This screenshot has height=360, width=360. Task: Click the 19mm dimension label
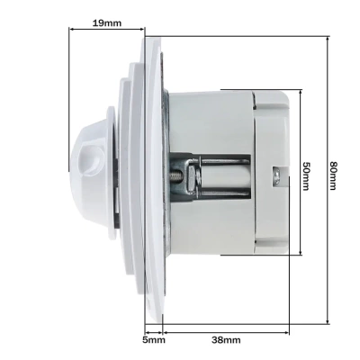click(x=106, y=23)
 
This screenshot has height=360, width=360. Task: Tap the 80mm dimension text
click(x=332, y=175)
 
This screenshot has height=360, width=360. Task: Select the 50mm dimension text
click(x=306, y=176)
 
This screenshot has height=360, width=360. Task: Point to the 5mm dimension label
click(x=154, y=340)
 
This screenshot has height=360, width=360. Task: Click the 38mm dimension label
click(x=226, y=340)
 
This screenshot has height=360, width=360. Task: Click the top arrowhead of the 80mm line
click(x=328, y=39)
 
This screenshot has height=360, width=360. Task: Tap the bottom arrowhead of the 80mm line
click(x=328, y=321)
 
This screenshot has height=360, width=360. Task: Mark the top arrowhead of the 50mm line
click(x=301, y=92)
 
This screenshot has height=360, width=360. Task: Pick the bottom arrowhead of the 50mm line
click(x=301, y=253)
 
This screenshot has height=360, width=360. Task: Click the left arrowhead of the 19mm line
click(x=72, y=29)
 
